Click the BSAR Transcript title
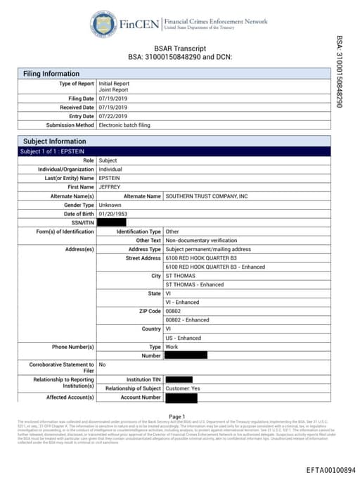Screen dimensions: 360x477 click(179, 48)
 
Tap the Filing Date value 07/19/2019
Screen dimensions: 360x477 click(115, 98)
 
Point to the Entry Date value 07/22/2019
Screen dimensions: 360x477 click(115, 116)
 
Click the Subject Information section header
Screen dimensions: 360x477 click(53, 141)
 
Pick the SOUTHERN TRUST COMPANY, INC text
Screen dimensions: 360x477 click(207, 196)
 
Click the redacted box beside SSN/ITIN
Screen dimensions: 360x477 click(116, 222)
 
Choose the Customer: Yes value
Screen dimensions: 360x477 click(182, 388)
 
